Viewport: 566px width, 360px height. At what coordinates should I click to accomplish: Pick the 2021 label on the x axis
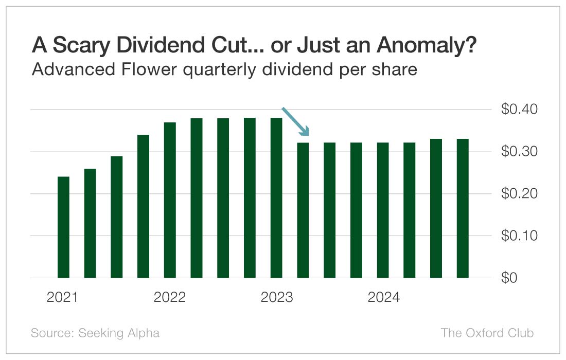point(62,298)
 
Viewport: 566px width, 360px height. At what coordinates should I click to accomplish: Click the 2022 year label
point(169,298)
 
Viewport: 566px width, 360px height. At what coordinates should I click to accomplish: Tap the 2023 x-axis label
point(276,298)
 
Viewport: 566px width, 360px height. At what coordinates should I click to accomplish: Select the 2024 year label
point(383,298)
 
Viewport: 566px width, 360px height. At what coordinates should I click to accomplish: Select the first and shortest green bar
point(63,227)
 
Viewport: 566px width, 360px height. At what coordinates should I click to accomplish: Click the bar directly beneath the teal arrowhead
point(303,210)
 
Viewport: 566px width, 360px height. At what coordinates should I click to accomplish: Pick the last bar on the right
point(463,208)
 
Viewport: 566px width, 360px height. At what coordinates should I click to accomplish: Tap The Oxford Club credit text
point(487,333)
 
